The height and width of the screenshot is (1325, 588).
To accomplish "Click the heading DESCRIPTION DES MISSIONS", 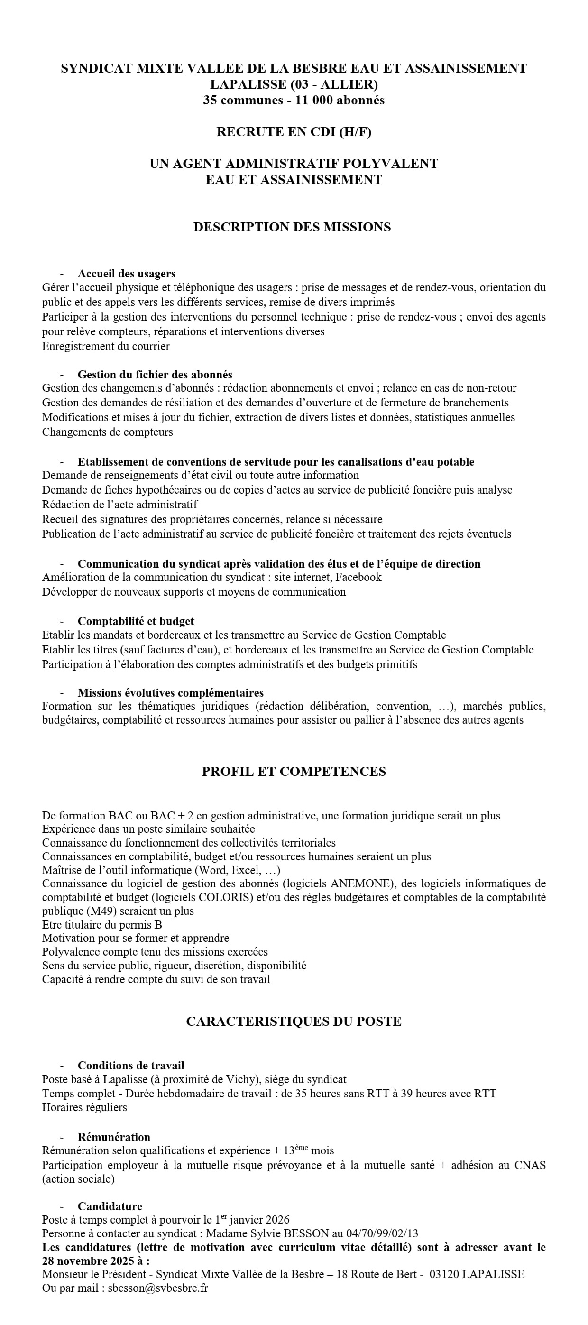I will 292,227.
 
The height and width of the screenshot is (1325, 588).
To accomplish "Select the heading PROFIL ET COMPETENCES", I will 294,771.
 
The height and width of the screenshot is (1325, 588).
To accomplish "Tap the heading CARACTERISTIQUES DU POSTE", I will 294,1021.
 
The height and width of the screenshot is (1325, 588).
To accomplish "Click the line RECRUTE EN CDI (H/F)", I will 294,132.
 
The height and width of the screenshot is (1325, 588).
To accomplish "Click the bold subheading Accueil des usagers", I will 127,274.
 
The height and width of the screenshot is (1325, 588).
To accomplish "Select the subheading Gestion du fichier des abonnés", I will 155,375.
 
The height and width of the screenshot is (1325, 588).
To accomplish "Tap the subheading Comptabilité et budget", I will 136,621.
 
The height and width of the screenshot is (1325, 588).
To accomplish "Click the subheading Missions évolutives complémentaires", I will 170,692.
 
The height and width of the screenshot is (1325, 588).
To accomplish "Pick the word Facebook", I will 358,577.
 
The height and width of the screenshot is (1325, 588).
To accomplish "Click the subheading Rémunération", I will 114,1137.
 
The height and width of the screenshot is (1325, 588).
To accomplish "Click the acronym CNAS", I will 530,1165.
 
